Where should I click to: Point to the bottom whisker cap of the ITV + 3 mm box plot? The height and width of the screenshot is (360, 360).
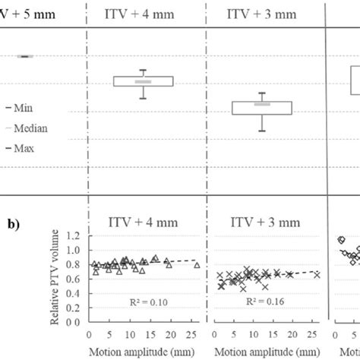[262, 131]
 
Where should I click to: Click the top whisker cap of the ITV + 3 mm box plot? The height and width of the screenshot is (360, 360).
[262, 93]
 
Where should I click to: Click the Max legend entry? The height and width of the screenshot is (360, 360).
[32, 148]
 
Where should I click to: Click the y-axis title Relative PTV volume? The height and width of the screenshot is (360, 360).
[58, 282]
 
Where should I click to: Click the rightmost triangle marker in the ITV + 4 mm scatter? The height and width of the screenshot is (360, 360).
[197, 265]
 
